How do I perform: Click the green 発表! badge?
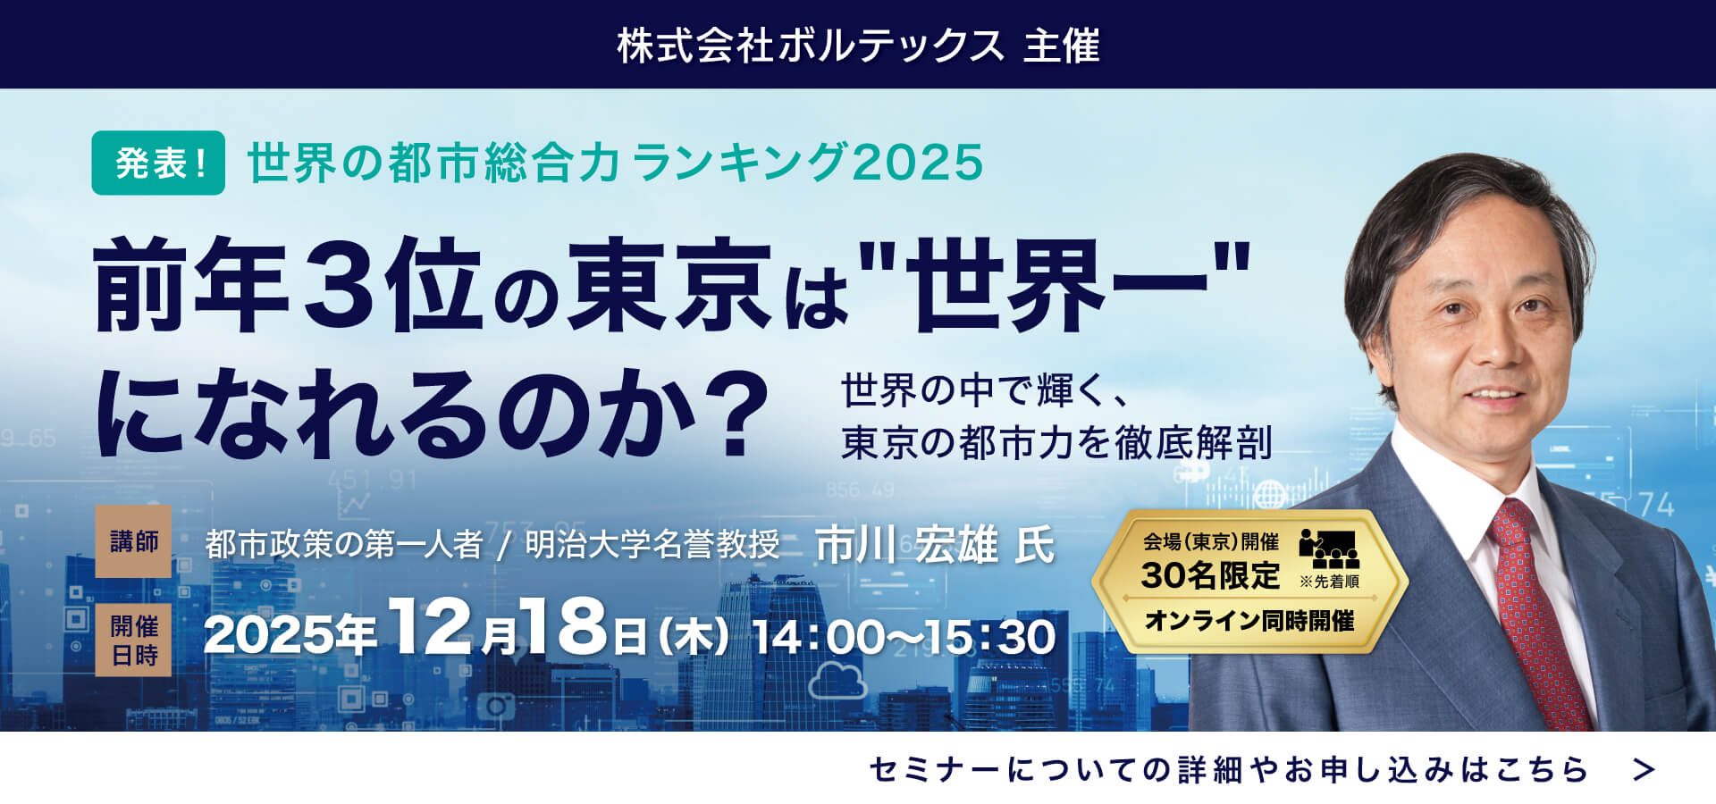158,163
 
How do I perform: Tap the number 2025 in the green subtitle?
918,163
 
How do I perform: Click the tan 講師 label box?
133,541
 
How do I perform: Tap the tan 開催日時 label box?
133,640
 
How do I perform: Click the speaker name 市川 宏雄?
906,545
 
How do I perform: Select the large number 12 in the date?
430,627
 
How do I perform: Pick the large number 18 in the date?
565,627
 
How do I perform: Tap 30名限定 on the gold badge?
1210,576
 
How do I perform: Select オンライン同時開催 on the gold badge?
1249,620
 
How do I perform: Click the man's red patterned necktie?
1536,607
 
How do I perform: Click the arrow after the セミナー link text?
1644,769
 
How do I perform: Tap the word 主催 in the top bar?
1061,46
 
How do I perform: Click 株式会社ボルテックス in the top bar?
811,46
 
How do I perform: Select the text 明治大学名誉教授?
652,544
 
